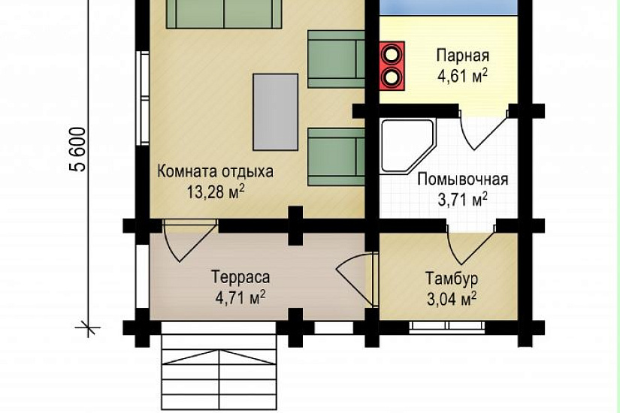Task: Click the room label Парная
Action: [x=463, y=56]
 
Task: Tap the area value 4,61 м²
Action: [x=462, y=76]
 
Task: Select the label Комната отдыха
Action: [x=215, y=172]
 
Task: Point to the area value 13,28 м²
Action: [x=216, y=192]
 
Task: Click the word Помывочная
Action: [x=463, y=179]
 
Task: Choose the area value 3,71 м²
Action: [x=462, y=200]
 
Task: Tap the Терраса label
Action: [x=240, y=277]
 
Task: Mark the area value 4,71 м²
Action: [x=240, y=297]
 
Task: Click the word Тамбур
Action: [x=452, y=279]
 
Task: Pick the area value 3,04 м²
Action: [x=452, y=299]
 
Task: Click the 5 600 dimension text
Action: [x=77, y=149]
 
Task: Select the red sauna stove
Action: [x=392, y=65]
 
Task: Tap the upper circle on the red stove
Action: [x=392, y=54]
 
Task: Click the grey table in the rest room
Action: [x=276, y=112]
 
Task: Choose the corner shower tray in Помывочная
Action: [x=407, y=146]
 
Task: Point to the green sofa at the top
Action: [x=224, y=14]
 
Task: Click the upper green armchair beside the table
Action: [x=336, y=59]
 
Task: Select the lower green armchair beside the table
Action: [x=336, y=157]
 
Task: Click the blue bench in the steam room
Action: [x=449, y=8]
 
